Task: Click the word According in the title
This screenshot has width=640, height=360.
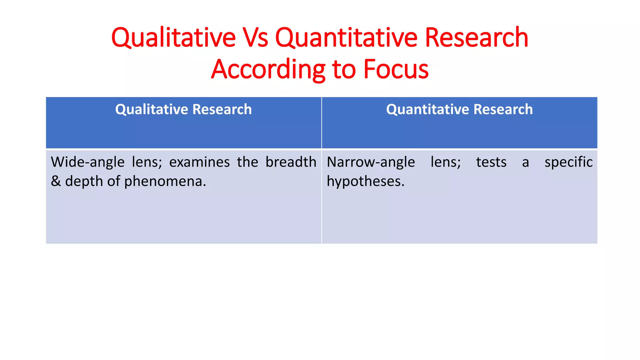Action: point(268,69)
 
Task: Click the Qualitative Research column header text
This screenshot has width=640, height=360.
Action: point(183,109)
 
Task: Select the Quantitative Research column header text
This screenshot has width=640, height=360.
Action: point(459,109)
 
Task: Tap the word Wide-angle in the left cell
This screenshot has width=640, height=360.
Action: point(88,162)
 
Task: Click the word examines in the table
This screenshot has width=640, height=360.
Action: point(199,162)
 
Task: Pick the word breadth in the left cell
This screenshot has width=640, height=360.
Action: point(291,162)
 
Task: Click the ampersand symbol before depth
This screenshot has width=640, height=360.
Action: point(56,181)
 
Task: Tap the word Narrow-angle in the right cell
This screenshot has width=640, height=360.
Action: point(371,162)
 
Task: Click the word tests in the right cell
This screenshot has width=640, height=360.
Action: point(491,162)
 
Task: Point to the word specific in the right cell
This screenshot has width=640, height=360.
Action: point(568,162)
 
